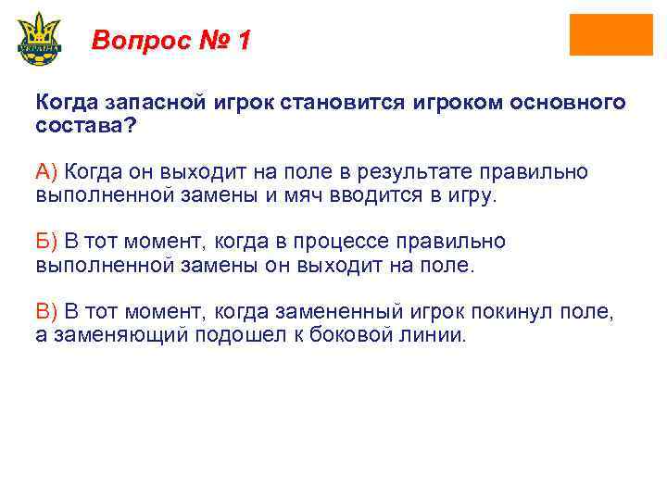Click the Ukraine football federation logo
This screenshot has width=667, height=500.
pyautogui.click(x=38, y=38)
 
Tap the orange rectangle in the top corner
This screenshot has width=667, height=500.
pyautogui.click(x=610, y=35)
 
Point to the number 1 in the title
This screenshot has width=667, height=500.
pyautogui.click(x=243, y=41)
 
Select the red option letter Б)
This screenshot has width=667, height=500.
pyautogui.click(x=46, y=242)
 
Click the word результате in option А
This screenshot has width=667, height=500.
pyautogui.click(x=453, y=172)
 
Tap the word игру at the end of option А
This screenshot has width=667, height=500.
pyautogui.click(x=470, y=196)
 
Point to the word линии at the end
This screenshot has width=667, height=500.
pyautogui.click(x=438, y=335)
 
